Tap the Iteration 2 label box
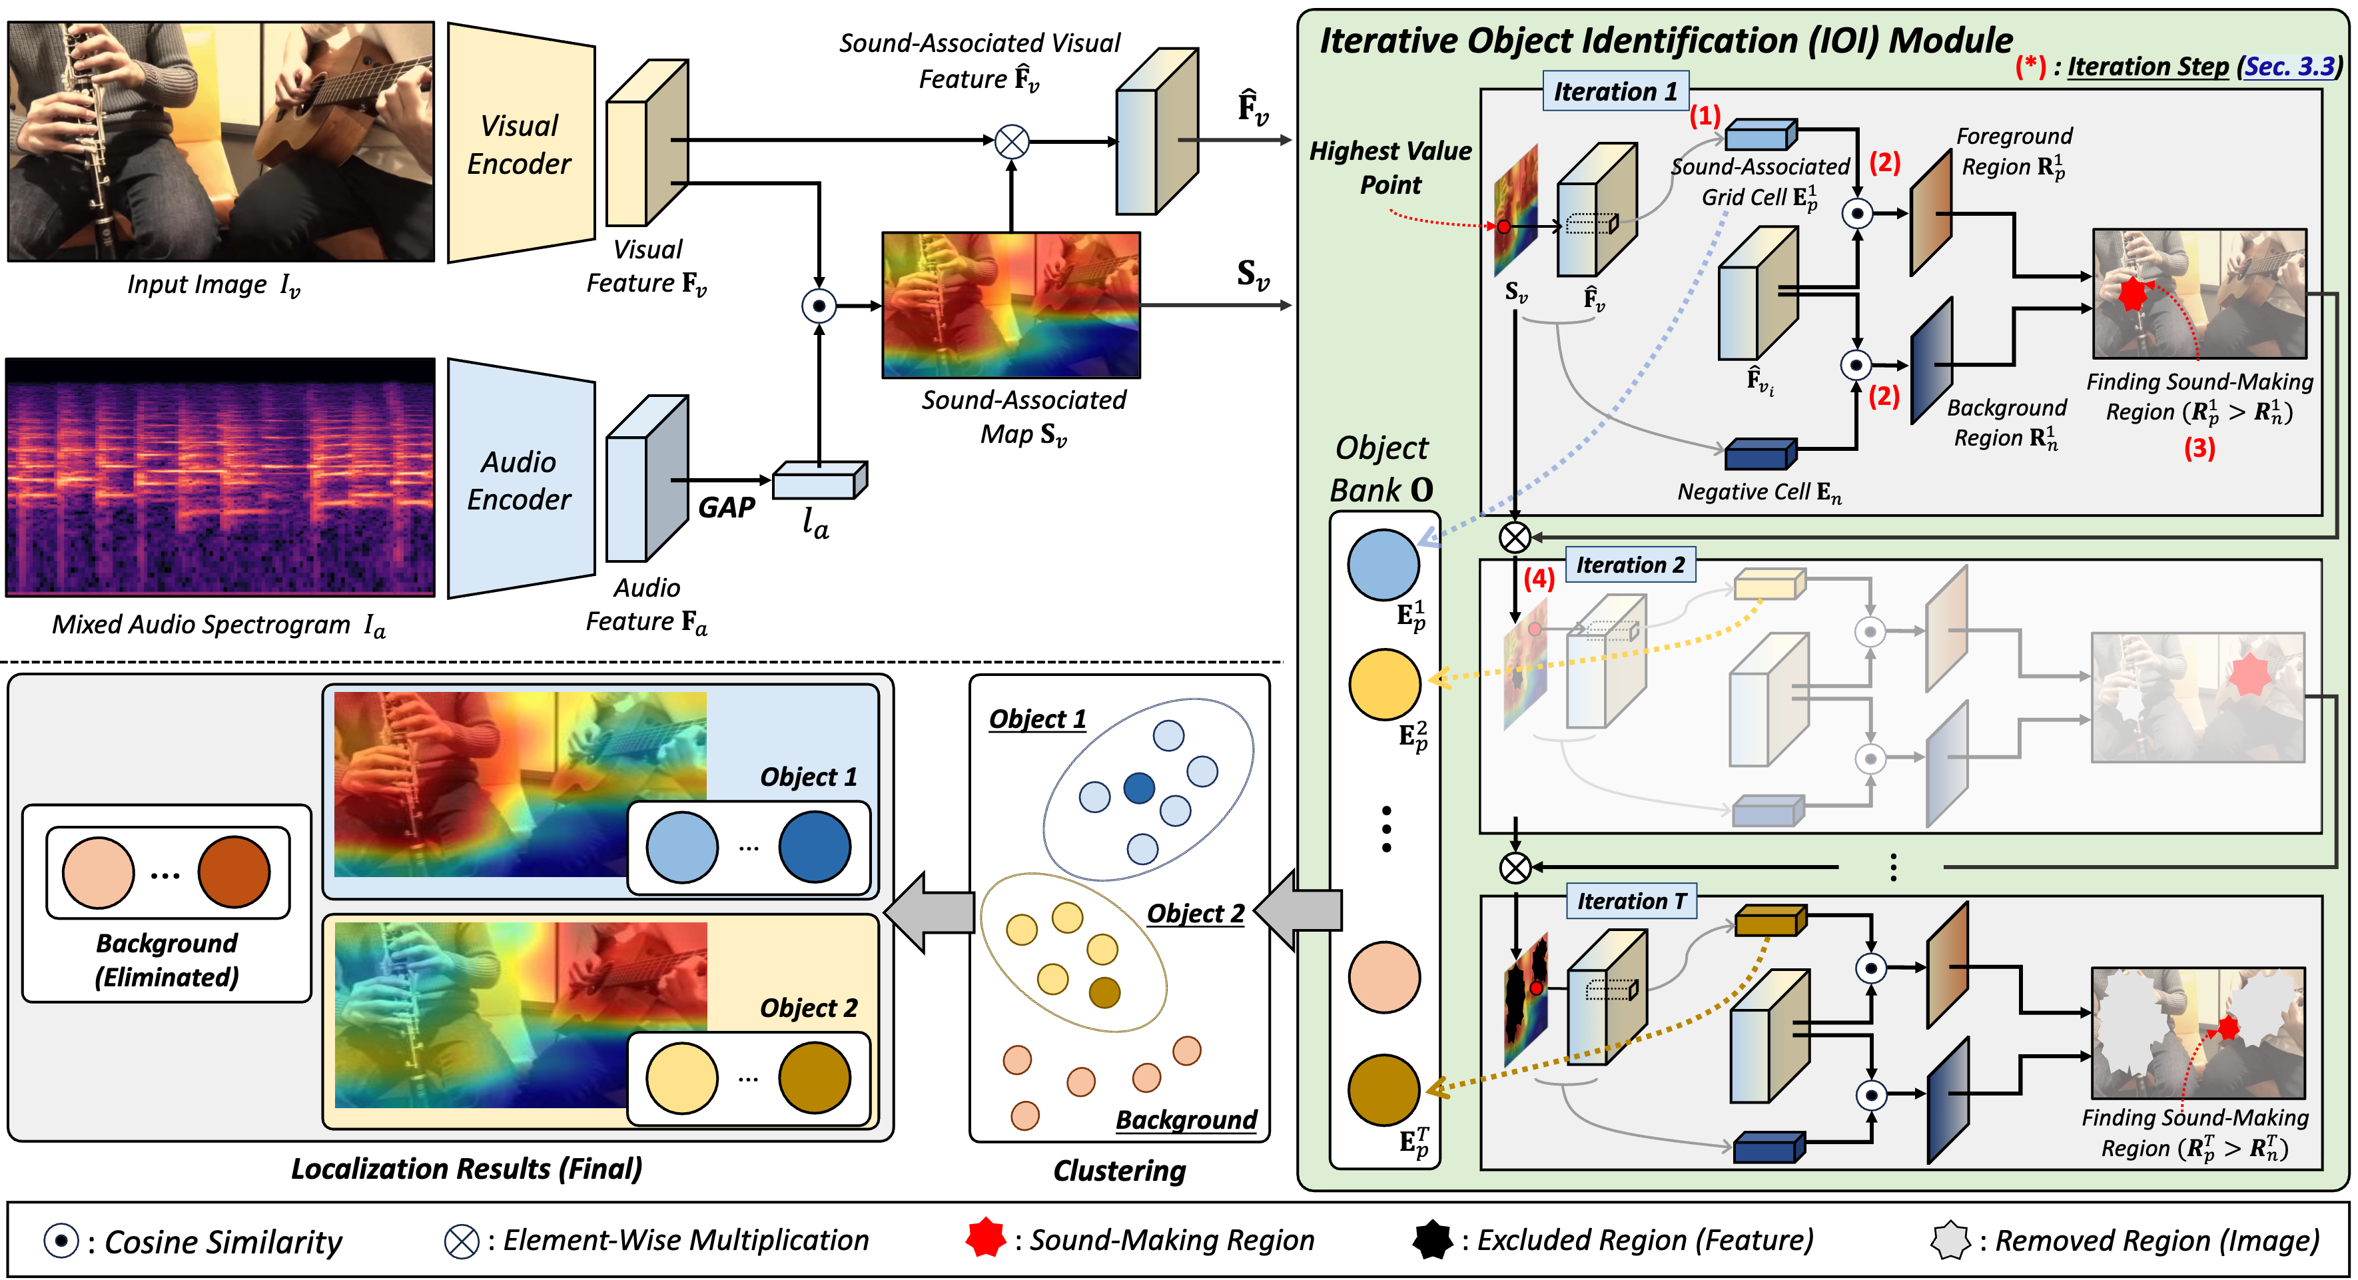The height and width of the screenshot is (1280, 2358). (1629, 565)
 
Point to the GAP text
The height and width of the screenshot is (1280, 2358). (726, 507)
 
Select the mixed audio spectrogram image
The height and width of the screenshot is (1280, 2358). (220, 477)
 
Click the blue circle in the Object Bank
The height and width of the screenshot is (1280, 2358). (1383, 565)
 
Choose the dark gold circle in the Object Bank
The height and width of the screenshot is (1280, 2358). (1383, 1089)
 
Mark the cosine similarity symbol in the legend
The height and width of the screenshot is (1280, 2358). (61, 1241)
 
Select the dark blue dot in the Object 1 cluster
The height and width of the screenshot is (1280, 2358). (1139, 787)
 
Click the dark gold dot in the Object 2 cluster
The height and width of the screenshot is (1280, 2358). (1105, 992)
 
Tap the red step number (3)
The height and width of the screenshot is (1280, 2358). (2199, 448)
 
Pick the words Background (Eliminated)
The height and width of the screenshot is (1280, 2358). (167, 960)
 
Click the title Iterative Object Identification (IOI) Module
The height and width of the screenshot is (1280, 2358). (1665, 41)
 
